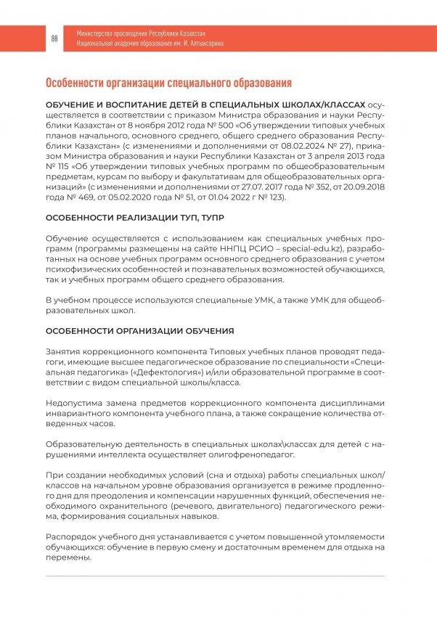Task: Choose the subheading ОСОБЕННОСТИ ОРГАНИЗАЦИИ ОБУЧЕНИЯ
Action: (x=139, y=331)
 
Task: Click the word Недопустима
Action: (x=74, y=403)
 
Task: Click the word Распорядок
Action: (x=72, y=536)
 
